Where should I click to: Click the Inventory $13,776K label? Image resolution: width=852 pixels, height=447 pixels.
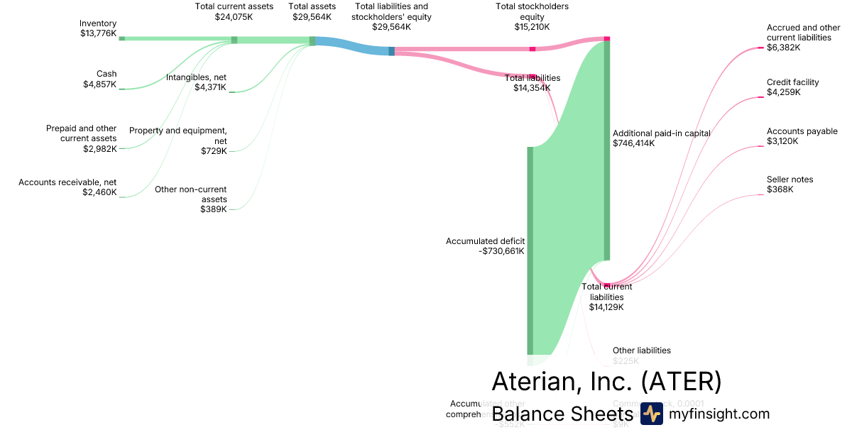[98, 28]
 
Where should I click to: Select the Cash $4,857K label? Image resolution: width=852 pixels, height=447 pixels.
[99, 79]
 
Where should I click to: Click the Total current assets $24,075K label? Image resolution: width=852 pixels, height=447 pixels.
[234, 11]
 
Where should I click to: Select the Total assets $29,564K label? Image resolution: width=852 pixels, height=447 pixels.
[312, 11]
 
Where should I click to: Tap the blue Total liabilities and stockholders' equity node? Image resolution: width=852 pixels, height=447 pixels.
[391, 51]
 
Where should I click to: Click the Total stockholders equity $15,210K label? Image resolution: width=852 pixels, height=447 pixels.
[532, 16]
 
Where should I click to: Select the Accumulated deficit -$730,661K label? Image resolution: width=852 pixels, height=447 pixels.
[485, 246]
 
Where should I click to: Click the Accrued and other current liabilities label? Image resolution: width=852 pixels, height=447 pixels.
[803, 38]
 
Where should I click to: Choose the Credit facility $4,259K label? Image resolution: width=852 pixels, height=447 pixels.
[792, 87]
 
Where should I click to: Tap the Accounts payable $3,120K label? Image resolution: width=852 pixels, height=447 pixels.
[802, 136]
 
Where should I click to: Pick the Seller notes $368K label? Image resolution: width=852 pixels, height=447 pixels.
[790, 184]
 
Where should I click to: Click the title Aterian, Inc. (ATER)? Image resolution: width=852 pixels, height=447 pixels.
[606, 381]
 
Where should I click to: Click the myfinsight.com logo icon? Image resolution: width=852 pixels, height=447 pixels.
[651, 414]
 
